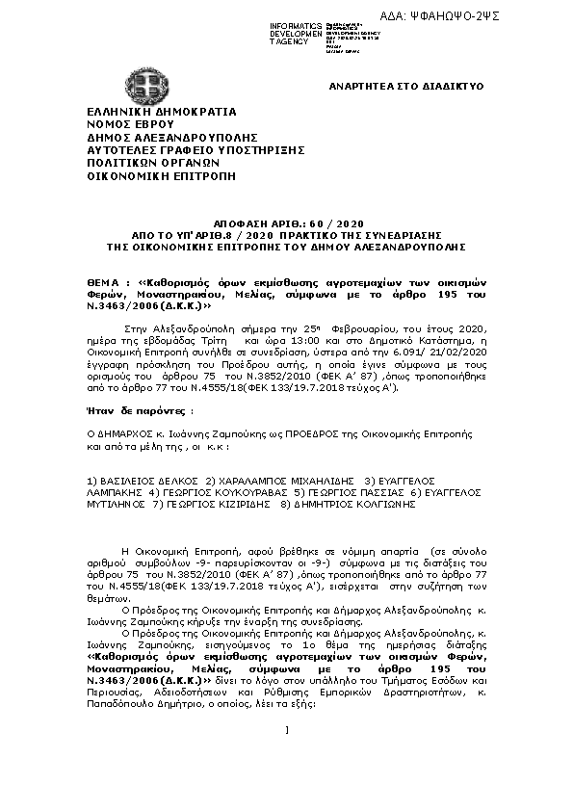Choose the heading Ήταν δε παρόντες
[131, 409]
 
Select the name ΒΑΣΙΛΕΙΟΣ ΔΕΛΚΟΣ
[150, 479]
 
